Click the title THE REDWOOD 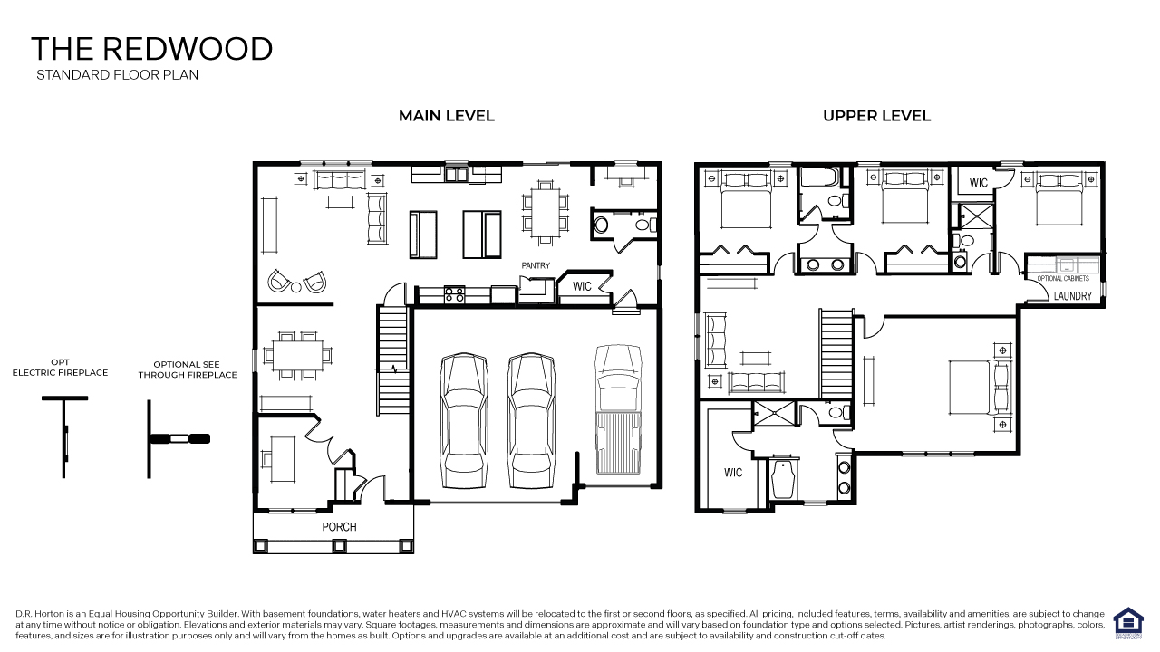pos(151,49)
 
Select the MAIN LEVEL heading pos(447,116)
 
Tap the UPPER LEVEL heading pos(876,116)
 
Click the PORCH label pos(340,526)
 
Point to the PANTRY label pos(536,265)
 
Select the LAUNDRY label pos(1073,296)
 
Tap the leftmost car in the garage pos(463,420)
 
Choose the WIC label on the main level pos(583,287)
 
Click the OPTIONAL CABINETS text pos(1063,278)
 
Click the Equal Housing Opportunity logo pos(1128,623)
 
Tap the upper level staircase pos(836,353)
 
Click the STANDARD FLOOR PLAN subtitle pos(117,75)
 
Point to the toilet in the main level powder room pos(600,224)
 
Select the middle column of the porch pos(339,545)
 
